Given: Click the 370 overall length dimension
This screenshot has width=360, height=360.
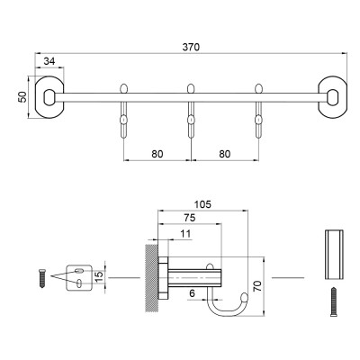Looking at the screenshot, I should (191, 46).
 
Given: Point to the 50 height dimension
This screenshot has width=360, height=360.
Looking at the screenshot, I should (22, 95).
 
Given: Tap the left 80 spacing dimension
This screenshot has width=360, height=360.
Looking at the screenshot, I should (157, 153).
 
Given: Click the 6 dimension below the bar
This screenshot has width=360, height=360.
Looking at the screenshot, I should (192, 293).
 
